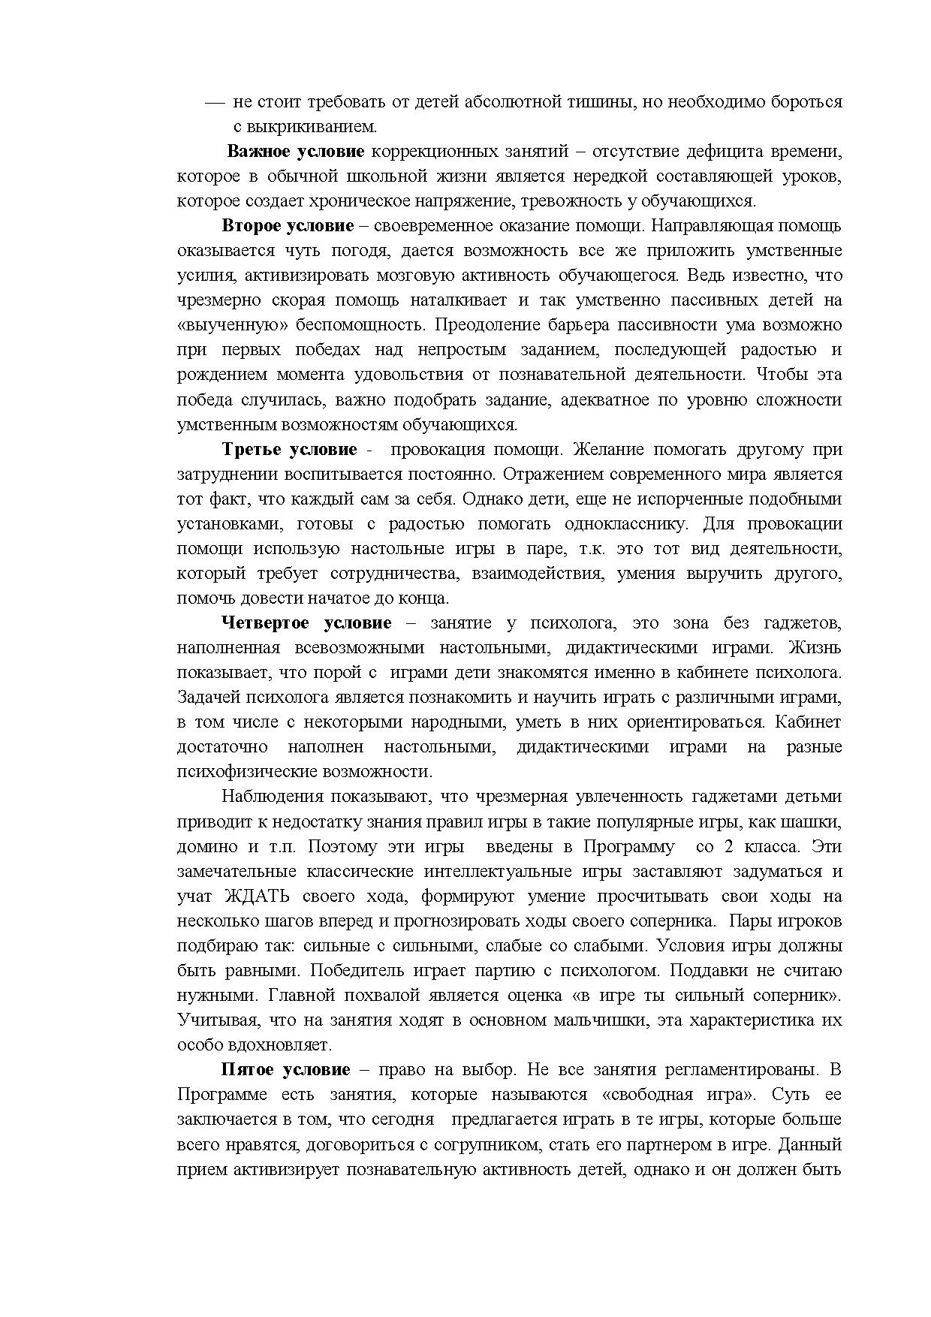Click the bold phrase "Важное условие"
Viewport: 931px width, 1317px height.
295,152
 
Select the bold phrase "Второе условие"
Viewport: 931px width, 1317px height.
288,226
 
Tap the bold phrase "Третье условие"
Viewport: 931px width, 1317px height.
289,450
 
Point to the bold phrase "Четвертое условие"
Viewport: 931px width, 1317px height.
306,623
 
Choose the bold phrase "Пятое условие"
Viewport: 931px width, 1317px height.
285,1070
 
